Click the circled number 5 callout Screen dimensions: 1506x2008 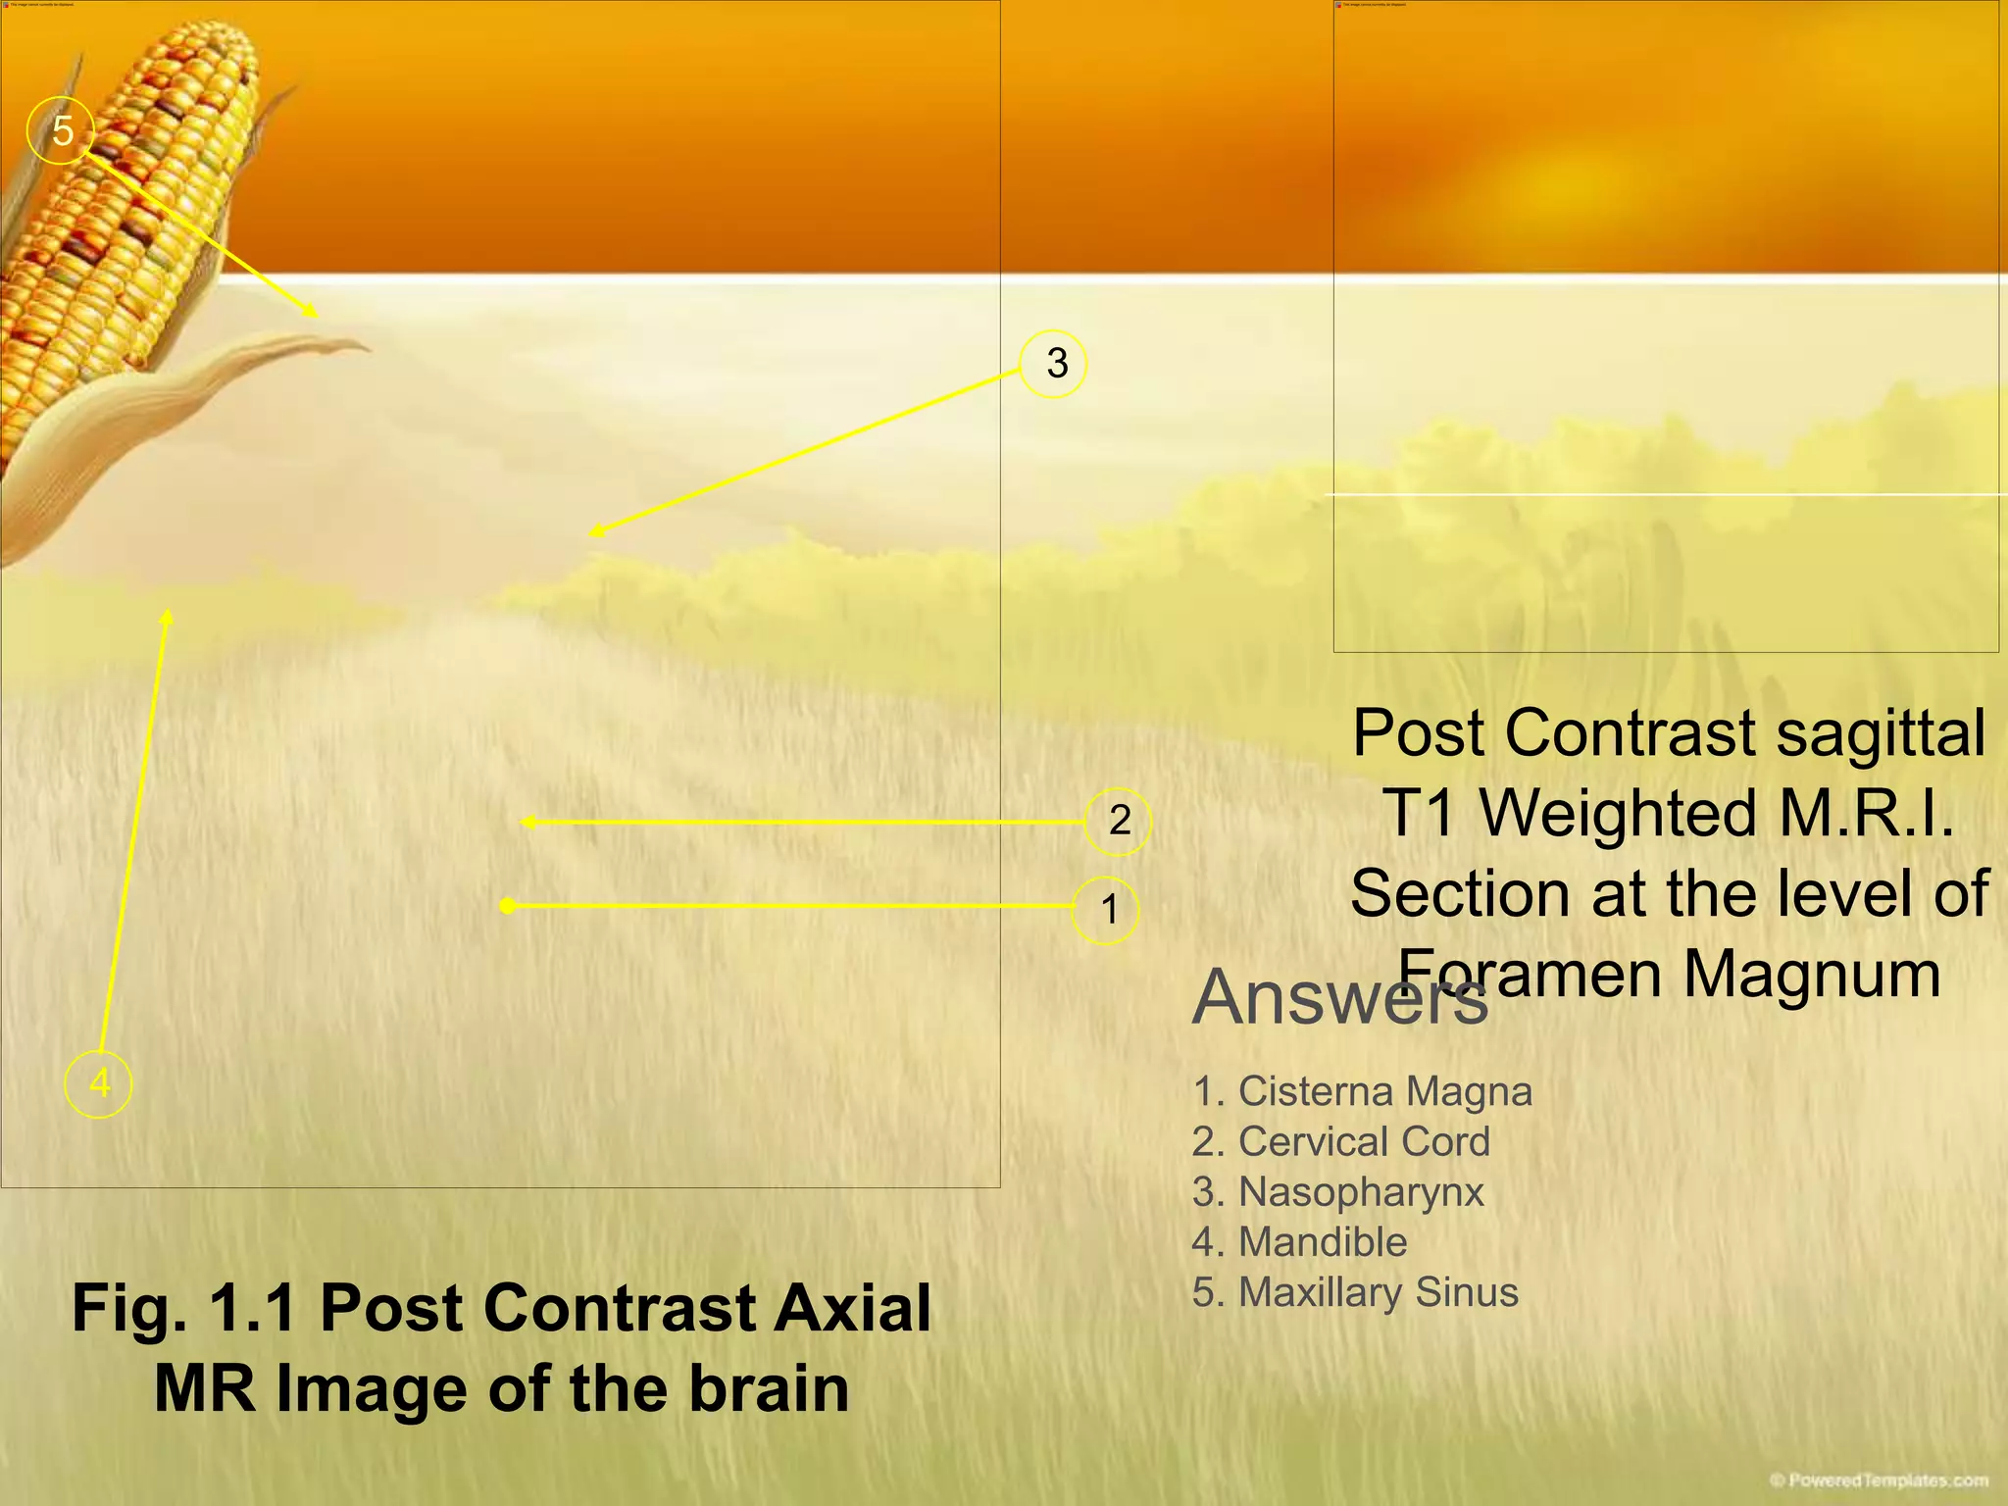pos(61,130)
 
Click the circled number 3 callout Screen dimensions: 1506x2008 pos(1054,364)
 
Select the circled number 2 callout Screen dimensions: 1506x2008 pos(1118,821)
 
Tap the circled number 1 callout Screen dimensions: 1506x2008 pos(1107,910)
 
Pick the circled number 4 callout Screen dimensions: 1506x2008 pos(98,1084)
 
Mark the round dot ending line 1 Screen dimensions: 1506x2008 pos(507,906)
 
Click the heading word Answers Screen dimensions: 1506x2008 pos(1339,998)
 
